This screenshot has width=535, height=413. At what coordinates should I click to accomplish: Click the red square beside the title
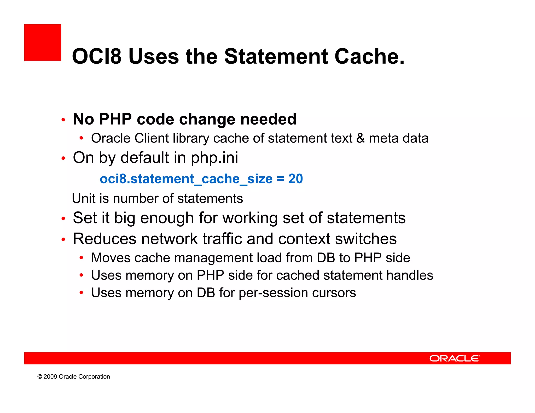(x=43, y=43)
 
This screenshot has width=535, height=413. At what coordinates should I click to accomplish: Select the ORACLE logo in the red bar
(x=455, y=358)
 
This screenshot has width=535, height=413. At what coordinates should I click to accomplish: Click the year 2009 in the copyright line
(x=50, y=377)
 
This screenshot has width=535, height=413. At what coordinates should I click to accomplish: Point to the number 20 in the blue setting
(x=295, y=179)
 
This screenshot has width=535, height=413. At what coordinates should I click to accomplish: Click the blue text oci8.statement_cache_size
(x=186, y=179)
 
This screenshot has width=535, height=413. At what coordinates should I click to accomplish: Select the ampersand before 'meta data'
(x=360, y=138)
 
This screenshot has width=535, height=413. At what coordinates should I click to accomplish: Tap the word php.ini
(x=214, y=158)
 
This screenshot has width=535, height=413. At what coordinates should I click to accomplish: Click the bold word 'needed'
(x=268, y=119)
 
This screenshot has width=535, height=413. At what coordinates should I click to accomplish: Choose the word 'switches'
(x=366, y=239)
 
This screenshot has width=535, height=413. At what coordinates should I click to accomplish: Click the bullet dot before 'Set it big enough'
(x=63, y=219)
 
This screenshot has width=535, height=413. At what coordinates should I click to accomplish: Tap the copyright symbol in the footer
(x=40, y=377)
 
